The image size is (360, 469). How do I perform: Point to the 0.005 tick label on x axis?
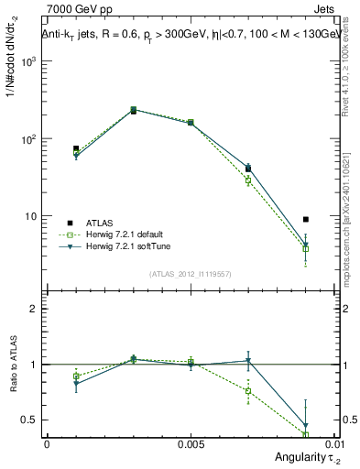click(191, 442)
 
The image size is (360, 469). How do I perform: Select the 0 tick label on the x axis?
click(47, 442)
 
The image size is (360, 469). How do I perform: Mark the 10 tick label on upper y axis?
click(33, 217)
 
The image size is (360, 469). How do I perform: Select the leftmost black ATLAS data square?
click(76, 148)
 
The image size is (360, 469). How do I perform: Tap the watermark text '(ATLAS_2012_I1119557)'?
click(190, 274)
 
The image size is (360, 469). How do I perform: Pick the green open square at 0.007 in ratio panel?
click(247, 391)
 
